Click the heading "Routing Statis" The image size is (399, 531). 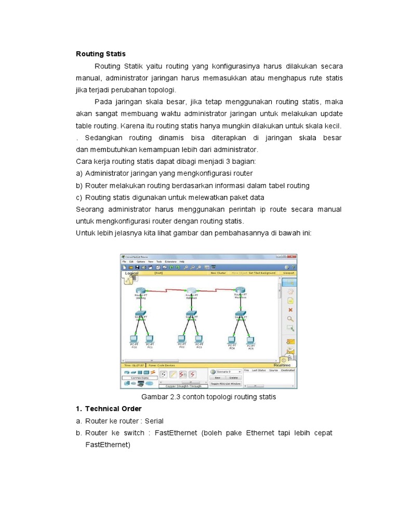(101, 53)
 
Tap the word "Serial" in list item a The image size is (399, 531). (154, 421)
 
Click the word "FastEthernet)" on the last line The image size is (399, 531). (108, 444)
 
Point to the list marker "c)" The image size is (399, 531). (79, 197)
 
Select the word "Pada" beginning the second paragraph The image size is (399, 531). (103, 102)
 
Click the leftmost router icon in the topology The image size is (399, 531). (141, 290)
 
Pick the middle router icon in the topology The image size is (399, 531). (191, 290)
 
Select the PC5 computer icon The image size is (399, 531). (250, 340)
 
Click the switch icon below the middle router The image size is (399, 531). (191, 314)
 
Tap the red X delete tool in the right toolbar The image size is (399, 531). (290, 310)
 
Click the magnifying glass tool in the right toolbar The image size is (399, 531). (290, 319)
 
